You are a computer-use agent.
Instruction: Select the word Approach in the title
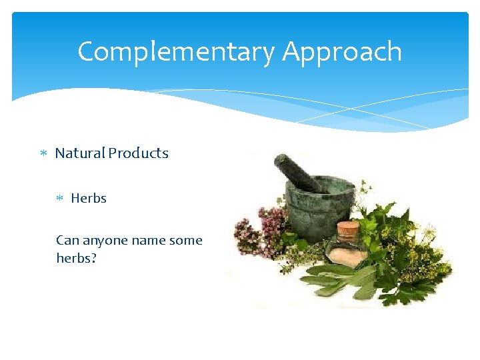(342, 52)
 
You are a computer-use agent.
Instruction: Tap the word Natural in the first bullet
(80, 153)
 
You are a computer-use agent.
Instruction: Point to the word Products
(139, 153)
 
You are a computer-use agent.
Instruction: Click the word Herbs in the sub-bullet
(89, 199)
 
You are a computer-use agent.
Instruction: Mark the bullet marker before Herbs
(60, 199)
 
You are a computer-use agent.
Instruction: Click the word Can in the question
(66, 241)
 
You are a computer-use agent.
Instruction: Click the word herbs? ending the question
(76, 257)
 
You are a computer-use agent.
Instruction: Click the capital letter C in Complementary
(86, 52)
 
